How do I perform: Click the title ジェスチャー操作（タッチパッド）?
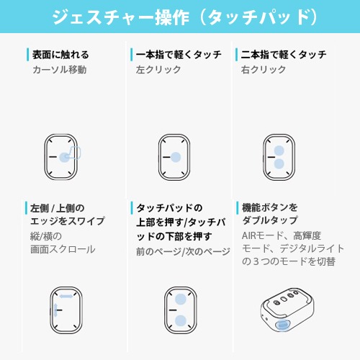(x=184, y=17)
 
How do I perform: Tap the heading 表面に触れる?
(x=60, y=55)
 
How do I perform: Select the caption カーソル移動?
(x=60, y=70)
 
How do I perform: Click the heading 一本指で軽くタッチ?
(x=179, y=55)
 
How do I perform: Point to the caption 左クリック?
(x=158, y=70)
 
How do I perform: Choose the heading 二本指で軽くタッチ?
(x=284, y=55)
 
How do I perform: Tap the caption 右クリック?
(x=264, y=70)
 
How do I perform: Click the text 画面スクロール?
(x=63, y=249)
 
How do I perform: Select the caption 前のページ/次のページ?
(x=183, y=251)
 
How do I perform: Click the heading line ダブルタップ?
(x=270, y=220)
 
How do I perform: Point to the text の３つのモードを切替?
(x=289, y=261)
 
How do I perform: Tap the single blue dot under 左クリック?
(x=176, y=157)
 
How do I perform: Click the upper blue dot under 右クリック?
(x=279, y=150)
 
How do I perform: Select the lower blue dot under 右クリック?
(x=279, y=164)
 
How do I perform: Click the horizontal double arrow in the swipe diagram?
(x=66, y=296)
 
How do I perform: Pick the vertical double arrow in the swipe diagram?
(x=55, y=310)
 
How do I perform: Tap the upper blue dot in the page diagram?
(x=181, y=299)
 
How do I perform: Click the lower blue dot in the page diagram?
(x=181, y=321)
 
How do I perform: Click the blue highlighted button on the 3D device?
(x=283, y=325)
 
